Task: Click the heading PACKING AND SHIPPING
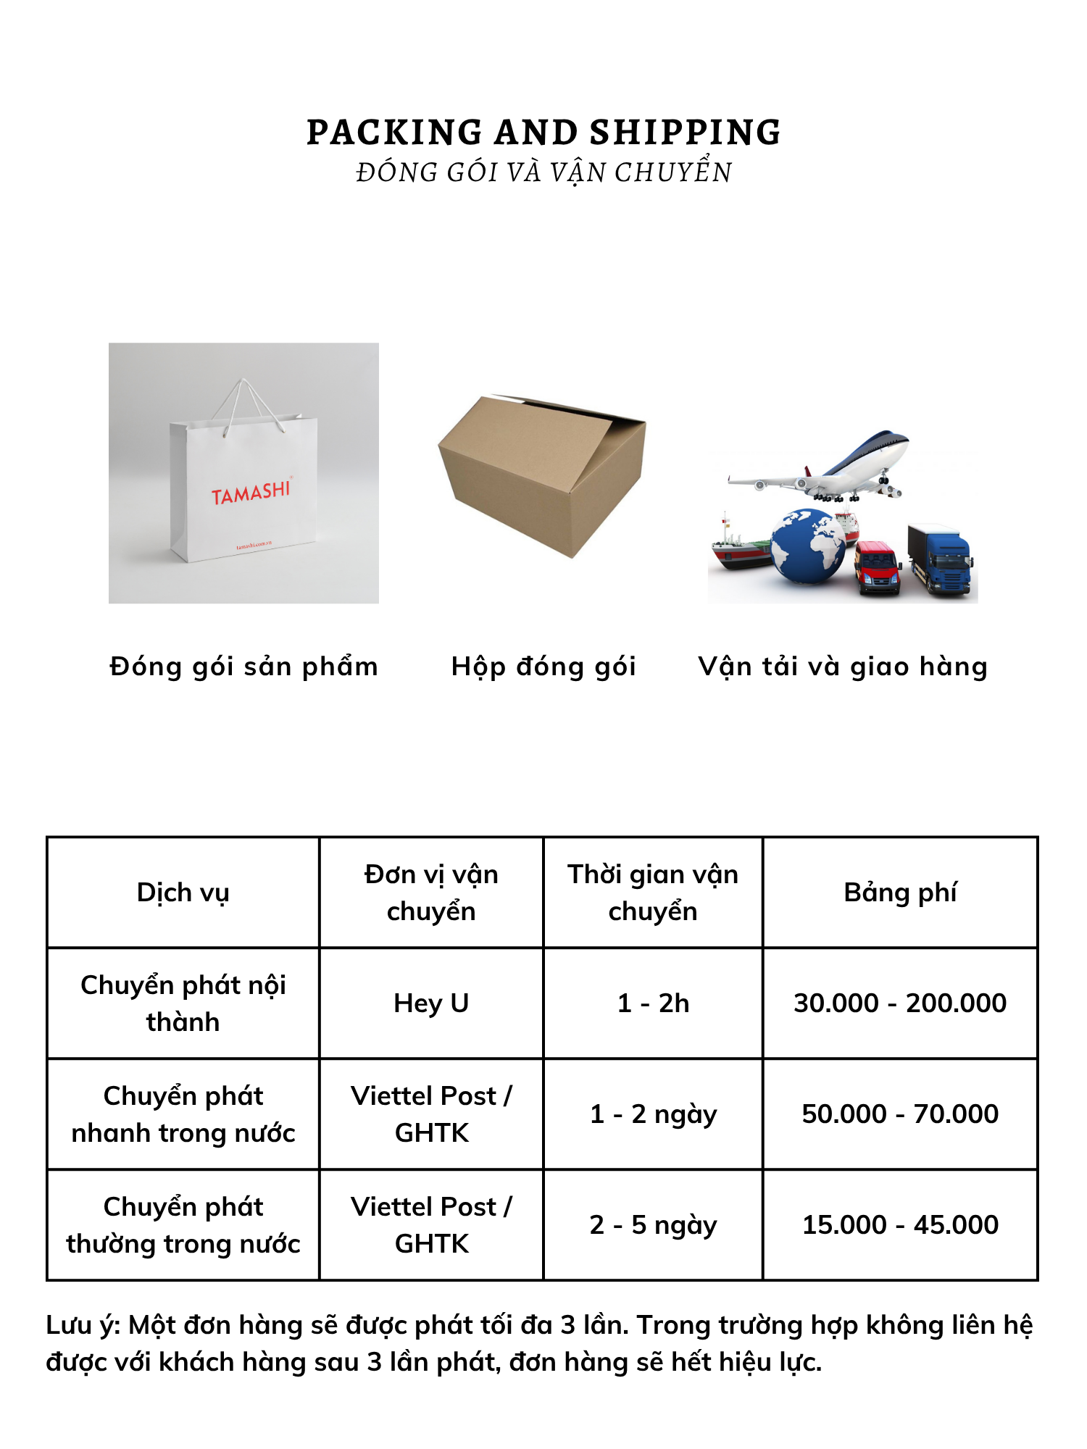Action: (543, 133)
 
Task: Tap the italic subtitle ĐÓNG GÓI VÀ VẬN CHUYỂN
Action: (543, 173)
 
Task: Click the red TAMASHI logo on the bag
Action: (251, 493)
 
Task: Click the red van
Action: (878, 568)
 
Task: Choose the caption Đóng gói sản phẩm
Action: (243, 667)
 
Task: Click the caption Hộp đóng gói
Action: (543, 667)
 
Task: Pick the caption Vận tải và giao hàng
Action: (843, 667)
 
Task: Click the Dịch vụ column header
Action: (183, 893)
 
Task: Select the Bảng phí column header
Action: (900, 893)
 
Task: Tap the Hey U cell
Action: (431, 1003)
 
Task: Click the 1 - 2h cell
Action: (653, 1003)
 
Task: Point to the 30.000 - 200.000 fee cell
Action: (900, 1003)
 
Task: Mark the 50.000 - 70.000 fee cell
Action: (900, 1114)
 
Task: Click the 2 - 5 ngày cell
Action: (653, 1225)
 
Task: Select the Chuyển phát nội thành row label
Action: (183, 1003)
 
